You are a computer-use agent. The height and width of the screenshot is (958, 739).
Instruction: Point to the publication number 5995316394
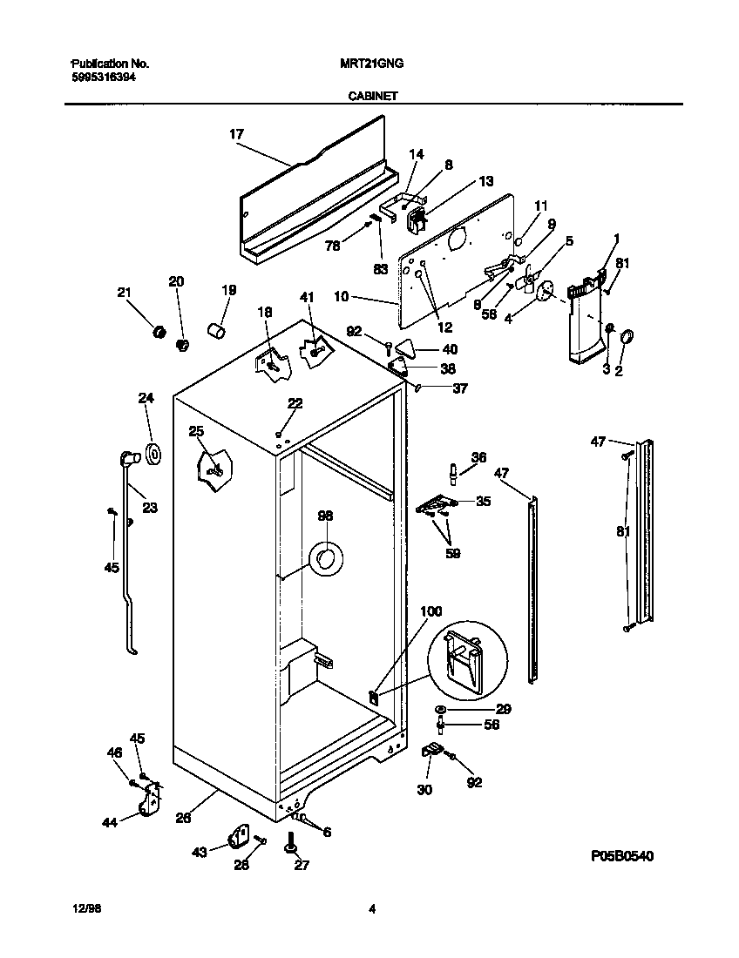(x=102, y=77)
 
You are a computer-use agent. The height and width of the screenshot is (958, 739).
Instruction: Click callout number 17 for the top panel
(x=236, y=134)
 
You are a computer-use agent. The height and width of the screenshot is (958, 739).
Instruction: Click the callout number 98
(x=325, y=516)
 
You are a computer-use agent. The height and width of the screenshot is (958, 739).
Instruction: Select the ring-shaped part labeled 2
(x=627, y=336)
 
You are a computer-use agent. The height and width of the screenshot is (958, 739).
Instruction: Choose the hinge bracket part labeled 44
(x=151, y=799)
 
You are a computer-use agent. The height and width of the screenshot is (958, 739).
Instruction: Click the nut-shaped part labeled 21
(x=159, y=332)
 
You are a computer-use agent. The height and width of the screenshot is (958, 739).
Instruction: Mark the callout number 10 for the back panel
(x=342, y=297)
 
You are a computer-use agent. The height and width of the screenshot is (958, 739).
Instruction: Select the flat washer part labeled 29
(x=442, y=710)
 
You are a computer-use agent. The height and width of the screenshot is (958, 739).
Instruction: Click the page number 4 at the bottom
(x=371, y=910)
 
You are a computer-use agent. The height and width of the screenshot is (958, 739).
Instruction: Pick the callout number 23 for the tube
(x=150, y=508)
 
